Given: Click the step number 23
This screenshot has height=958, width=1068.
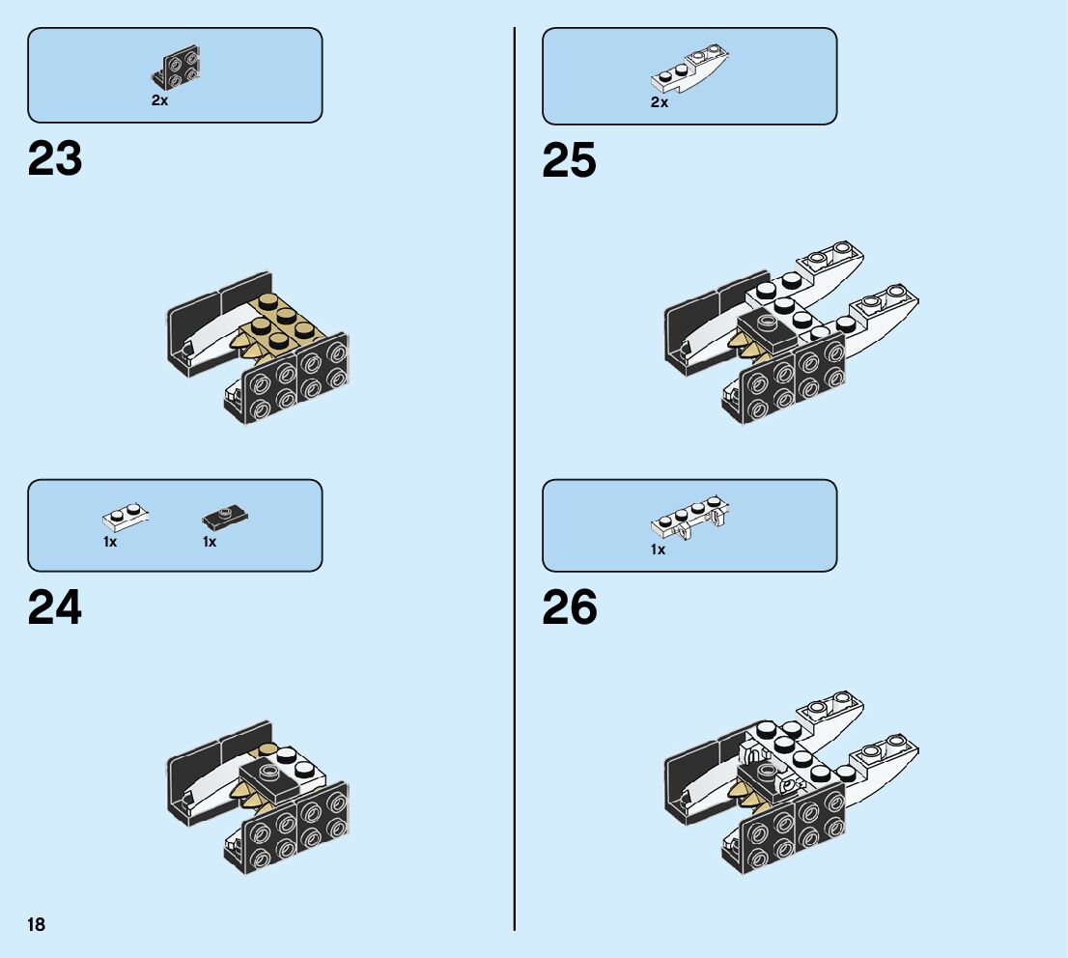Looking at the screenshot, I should click(x=55, y=159).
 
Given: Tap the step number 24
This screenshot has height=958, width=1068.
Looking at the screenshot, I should click(x=55, y=608).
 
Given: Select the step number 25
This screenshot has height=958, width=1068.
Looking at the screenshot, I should click(x=569, y=161).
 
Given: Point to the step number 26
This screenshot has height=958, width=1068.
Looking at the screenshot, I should click(x=570, y=608).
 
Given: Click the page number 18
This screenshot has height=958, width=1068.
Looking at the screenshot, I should click(x=36, y=925).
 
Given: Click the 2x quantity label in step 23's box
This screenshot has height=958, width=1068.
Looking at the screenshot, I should click(x=159, y=100).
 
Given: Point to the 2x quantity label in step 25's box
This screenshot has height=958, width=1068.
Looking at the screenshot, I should click(x=660, y=102).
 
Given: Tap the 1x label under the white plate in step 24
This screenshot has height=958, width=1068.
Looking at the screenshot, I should click(x=110, y=543).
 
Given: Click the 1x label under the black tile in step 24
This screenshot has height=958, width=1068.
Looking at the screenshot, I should click(x=210, y=543).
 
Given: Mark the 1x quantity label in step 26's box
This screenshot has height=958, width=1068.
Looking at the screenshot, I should click(x=658, y=549).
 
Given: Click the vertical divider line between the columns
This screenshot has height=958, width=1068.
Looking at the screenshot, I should click(x=515, y=483).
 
